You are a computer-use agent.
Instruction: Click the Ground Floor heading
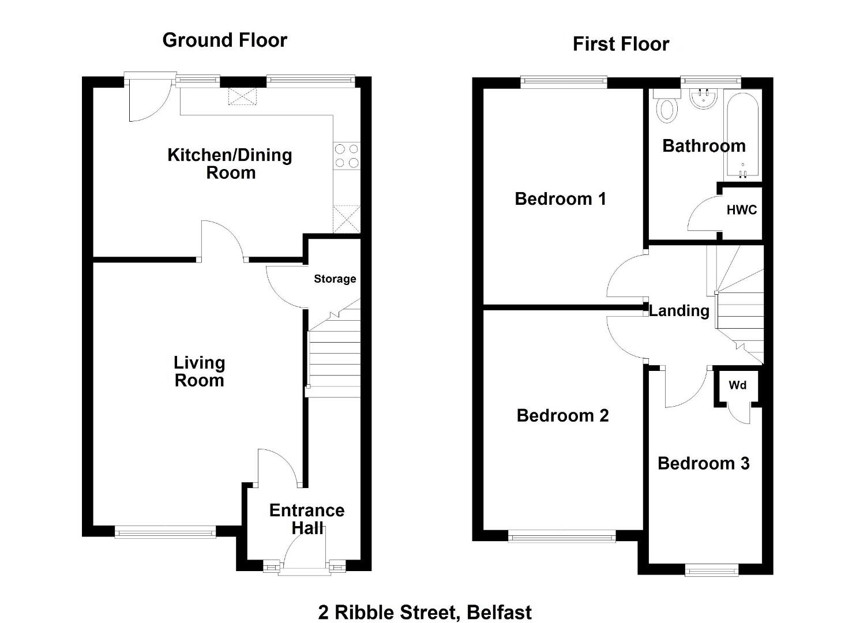tap(225, 40)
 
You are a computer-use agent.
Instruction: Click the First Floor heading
tap(621, 44)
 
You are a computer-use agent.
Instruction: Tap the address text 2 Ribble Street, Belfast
tap(425, 612)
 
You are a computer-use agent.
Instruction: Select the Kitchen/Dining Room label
tap(230, 164)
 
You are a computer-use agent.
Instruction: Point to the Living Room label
tap(199, 371)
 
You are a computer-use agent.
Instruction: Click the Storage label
tap(335, 279)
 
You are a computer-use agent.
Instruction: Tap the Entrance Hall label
tap(307, 519)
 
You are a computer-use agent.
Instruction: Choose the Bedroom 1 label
tap(560, 199)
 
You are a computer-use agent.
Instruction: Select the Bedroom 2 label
tap(562, 415)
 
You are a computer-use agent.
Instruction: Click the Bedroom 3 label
tap(704, 463)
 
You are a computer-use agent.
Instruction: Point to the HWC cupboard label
tap(742, 210)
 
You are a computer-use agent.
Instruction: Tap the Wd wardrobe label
tap(737, 385)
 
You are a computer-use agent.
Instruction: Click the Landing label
tap(679, 311)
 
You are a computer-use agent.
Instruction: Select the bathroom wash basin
tap(704, 98)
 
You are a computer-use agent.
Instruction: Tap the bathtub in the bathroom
tap(743, 136)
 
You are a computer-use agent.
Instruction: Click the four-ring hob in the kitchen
tap(347, 156)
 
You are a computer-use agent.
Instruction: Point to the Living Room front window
tap(165, 532)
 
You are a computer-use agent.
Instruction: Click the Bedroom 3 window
tap(712, 571)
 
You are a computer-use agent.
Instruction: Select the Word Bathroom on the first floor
tap(704, 146)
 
